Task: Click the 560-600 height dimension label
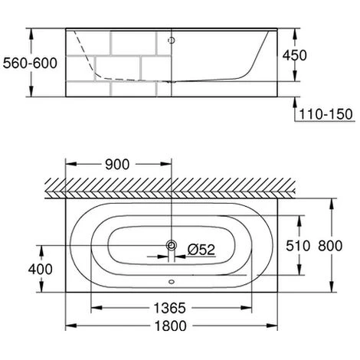point(30,63)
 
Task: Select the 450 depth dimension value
point(294,55)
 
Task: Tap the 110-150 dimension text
point(326,114)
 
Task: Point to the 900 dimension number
point(117,165)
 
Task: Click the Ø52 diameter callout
point(201,250)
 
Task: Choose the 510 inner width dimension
point(298,246)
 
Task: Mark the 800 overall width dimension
point(330,246)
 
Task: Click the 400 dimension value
point(41,269)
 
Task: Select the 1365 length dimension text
point(169,308)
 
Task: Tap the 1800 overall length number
point(171,326)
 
